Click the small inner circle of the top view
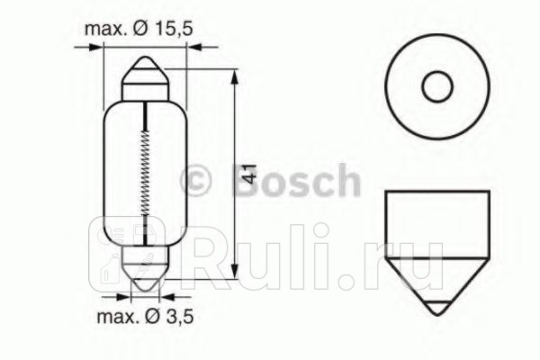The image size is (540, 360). pyautogui.click(x=437, y=87)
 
